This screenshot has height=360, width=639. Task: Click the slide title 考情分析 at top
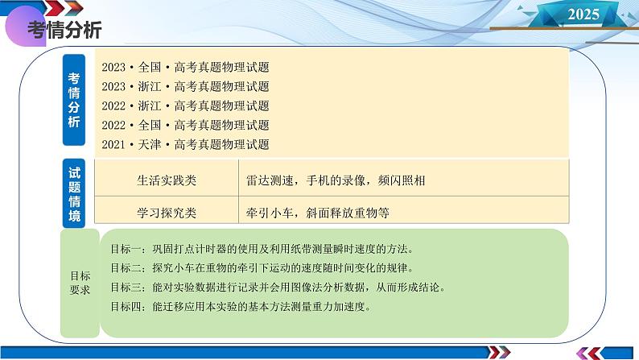click(64, 31)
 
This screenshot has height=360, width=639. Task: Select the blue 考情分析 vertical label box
click(74, 101)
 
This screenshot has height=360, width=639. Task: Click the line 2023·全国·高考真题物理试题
click(186, 67)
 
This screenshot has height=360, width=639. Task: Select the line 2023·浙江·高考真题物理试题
click(186, 86)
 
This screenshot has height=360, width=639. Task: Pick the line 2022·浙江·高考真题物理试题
click(186, 106)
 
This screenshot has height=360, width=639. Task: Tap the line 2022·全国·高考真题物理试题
click(186, 125)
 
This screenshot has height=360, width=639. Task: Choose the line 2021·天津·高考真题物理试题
click(186, 144)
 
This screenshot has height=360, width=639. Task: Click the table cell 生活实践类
click(167, 180)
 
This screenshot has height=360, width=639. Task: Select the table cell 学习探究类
click(167, 213)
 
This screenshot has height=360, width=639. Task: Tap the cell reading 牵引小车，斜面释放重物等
click(318, 213)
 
